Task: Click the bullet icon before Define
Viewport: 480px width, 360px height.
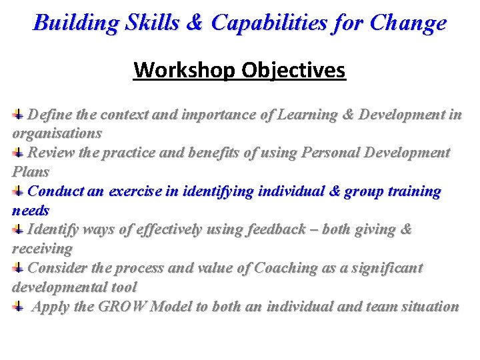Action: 19,115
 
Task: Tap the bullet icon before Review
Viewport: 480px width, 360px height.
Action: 19,153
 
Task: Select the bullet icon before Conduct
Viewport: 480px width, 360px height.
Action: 19,192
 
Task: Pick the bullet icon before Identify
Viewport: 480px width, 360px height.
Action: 19,230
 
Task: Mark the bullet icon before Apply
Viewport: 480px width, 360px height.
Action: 19,307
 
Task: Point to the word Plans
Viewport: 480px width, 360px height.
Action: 31,172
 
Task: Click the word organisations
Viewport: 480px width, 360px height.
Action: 57,133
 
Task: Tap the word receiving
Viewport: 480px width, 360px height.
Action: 42,249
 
